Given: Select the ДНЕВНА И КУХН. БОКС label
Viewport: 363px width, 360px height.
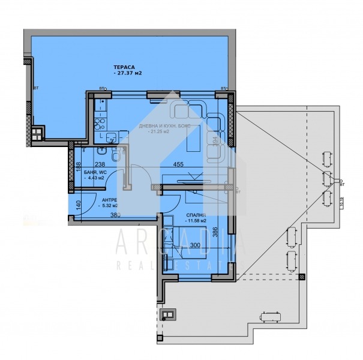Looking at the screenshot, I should point(163,125).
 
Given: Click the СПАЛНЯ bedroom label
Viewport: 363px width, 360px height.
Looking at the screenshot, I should point(196,214).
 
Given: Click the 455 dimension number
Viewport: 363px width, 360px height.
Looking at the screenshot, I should point(178,163).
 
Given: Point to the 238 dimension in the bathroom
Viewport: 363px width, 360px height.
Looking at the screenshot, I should point(100,163).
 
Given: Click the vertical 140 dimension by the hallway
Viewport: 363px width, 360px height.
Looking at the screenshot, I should point(77,205).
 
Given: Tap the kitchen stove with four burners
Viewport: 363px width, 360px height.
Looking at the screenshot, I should point(100,125).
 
